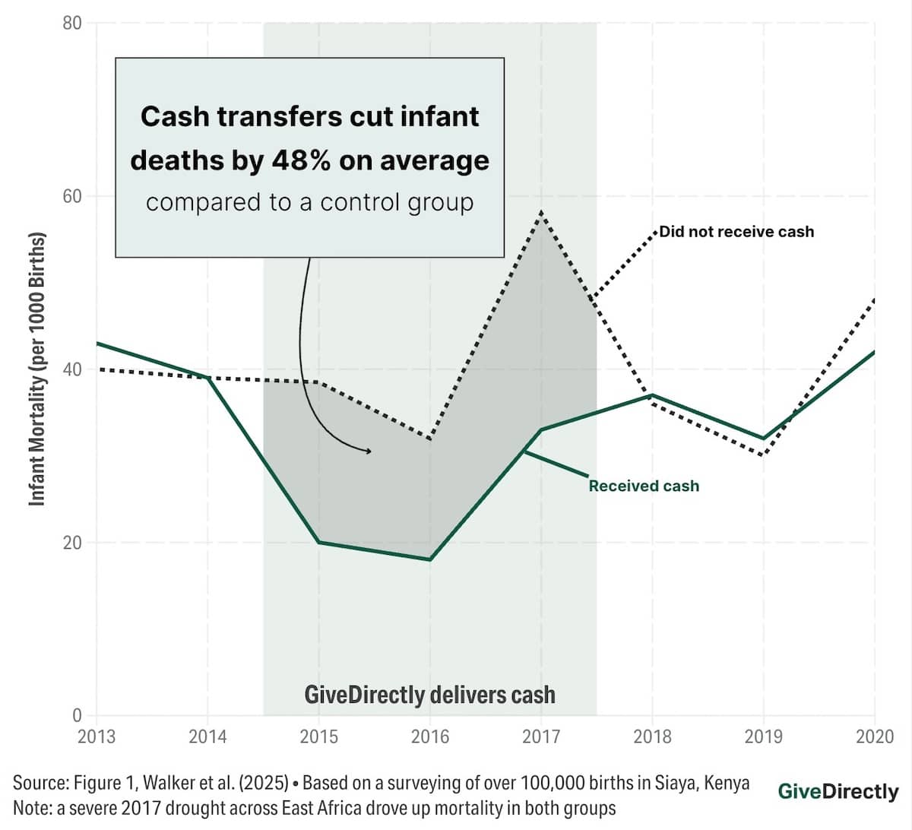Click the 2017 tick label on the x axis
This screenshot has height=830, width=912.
pos(541,737)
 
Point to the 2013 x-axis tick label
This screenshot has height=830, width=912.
pos(97,737)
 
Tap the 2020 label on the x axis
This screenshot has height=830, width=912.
pos(875,737)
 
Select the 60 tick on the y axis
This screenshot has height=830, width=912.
pos(71,196)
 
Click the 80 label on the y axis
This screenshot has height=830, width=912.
pos(71,23)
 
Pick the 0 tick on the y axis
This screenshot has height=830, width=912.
pos(77,715)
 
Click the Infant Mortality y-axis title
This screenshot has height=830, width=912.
pos(37,369)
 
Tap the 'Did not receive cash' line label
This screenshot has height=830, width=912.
pos(736,232)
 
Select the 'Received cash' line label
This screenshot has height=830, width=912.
pos(644,486)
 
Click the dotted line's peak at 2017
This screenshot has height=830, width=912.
pos(541,212)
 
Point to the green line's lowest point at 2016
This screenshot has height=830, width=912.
pos(430,559)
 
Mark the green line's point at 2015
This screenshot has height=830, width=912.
pos(319,542)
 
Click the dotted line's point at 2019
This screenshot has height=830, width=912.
pos(763,455)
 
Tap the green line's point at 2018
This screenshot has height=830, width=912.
pos(652,395)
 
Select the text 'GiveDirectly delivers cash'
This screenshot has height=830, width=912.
pos(429,695)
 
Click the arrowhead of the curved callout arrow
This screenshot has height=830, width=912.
pos(369,451)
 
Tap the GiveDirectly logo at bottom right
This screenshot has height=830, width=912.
pos(838,791)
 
